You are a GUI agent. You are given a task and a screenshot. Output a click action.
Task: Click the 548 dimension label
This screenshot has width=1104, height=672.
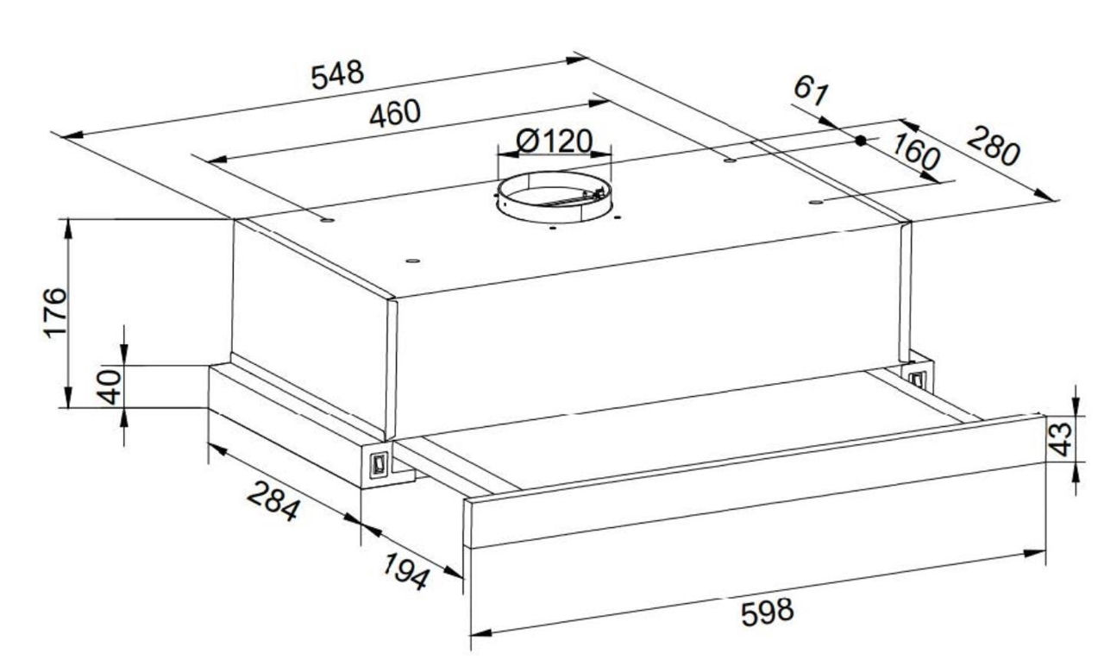click(337, 75)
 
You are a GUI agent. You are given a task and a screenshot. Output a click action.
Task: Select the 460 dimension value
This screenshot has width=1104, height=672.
click(395, 114)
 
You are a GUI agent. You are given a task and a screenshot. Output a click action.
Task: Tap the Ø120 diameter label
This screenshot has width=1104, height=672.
click(554, 141)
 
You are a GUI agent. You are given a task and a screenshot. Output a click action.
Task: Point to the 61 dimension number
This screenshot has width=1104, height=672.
click(812, 91)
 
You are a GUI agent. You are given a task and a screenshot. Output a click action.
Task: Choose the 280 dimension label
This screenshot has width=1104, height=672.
click(993, 147)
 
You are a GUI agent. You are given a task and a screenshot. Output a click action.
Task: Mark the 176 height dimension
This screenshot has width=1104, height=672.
click(55, 312)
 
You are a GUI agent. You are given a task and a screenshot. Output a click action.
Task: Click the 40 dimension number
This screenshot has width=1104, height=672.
click(110, 387)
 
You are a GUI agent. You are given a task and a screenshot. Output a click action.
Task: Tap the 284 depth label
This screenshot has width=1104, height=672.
click(273, 501)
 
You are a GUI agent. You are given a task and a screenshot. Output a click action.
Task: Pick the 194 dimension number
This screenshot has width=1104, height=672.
click(406, 571)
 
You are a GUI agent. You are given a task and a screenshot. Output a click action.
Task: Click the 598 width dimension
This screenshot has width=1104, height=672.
click(768, 612)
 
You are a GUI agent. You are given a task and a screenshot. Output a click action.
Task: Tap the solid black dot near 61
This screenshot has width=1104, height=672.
click(861, 141)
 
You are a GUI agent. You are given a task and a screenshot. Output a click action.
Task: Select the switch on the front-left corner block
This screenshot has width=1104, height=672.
click(379, 464)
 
